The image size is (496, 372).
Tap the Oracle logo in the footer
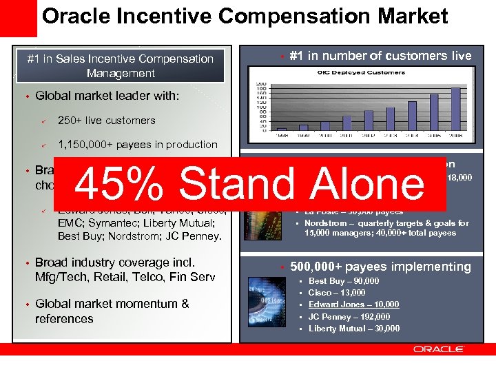(x=439, y=349)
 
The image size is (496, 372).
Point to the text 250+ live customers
(x=106, y=121)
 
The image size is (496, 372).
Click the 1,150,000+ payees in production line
(x=137, y=145)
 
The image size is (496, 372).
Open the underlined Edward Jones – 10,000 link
(x=353, y=304)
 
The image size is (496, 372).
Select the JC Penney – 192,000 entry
(x=349, y=317)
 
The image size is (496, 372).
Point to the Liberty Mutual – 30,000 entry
(x=353, y=329)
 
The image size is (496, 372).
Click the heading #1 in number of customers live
(x=380, y=56)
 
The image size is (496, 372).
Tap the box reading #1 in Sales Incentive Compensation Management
(x=121, y=66)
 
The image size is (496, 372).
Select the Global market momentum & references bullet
(x=112, y=311)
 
